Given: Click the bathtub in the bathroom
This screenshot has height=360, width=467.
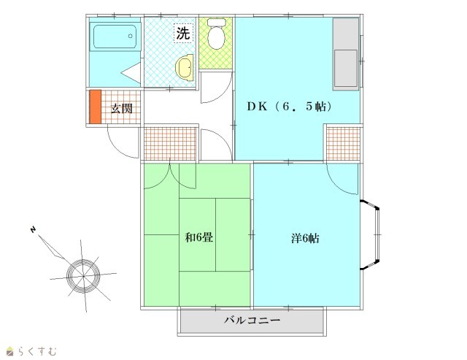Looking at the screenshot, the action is [x=115, y=37].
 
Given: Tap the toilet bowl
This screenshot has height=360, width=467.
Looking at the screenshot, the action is [x=216, y=34].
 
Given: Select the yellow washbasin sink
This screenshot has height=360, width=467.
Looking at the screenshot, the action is [x=185, y=68].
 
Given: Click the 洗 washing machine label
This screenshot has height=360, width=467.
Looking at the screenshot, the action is [x=183, y=33].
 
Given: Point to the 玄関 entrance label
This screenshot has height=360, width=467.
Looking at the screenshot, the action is [x=122, y=109].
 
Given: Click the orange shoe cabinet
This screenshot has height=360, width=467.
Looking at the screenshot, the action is [x=96, y=107].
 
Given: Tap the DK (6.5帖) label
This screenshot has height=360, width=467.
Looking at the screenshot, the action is [x=290, y=107].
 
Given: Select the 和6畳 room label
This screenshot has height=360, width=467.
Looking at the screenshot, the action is [x=199, y=237].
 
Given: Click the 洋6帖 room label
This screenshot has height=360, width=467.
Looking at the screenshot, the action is [x=305, y=238].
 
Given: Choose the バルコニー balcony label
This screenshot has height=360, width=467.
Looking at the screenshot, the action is [x=252, y=321].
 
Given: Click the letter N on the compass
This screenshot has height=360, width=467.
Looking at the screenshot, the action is [x=33, y=229].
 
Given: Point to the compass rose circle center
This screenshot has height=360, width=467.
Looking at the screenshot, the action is [x=83, y=276].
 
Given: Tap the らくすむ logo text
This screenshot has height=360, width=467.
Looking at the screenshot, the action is [x=37, y=351].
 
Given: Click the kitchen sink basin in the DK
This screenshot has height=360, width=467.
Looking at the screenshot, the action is [x=345, y=68].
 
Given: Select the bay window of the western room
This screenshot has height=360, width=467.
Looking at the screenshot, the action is [x=371, y=235].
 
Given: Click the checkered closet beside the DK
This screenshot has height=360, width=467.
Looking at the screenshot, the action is [x=344, y=144].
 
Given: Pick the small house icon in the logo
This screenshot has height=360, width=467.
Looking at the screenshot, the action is [x=10, y=351].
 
